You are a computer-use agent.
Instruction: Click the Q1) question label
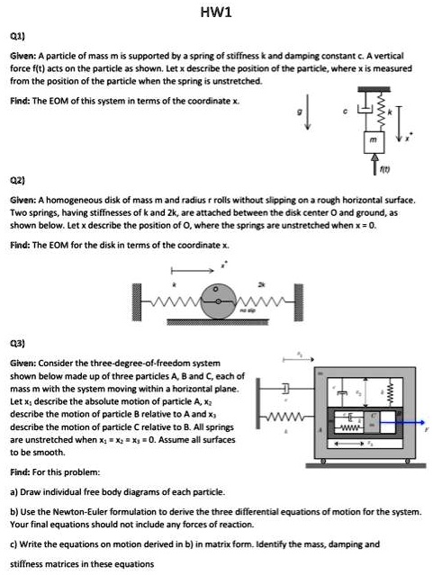coord(17,37)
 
